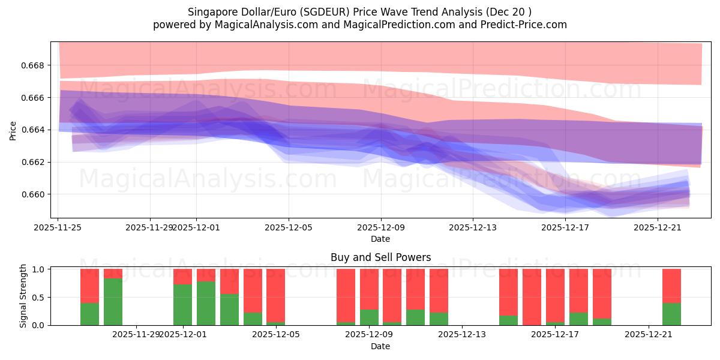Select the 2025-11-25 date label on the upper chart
coord(58,227)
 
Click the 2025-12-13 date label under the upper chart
coord(473,227)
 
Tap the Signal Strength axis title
coord(23,297)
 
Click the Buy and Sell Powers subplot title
coord(380,257)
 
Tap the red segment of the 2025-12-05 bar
coord(275,295)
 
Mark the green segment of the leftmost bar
coord(89,314)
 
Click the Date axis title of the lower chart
coord(380,346)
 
